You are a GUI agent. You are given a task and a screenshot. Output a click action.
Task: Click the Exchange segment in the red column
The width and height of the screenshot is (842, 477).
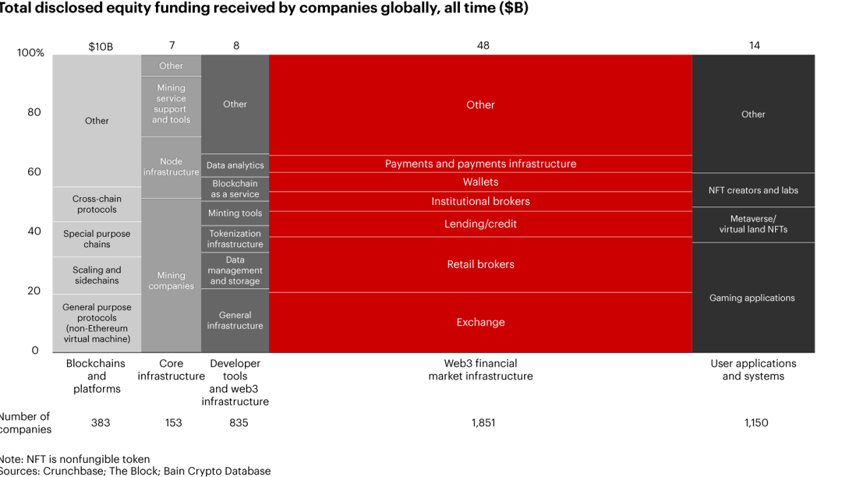click(x=480, y=323)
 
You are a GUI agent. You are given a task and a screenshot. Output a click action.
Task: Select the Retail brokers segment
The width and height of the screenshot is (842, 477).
click(x=480, y=264)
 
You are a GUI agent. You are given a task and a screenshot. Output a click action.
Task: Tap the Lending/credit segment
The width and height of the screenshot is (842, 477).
click(x=480, y=224)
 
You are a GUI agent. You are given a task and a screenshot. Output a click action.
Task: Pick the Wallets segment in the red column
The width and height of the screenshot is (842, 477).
click(x=480, y=182)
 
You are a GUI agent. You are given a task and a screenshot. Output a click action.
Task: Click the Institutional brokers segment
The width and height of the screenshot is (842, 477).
click(x=480, y=201)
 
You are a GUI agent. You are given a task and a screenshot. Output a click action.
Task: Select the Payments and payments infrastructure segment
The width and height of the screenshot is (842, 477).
click(x=480, y=164)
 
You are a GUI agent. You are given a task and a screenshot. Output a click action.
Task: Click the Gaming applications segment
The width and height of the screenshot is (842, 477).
click(x=753, y=298)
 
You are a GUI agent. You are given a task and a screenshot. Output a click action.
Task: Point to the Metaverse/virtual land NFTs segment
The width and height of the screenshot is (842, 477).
click(x=753, y=224)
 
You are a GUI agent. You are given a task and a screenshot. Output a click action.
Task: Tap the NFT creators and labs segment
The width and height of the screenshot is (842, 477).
click(x=753, y=190)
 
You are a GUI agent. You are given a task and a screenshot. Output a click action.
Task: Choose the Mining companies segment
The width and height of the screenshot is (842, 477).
click(x=171, y=281)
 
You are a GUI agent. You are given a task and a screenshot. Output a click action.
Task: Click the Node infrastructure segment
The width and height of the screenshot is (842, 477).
click(x=171, y=167)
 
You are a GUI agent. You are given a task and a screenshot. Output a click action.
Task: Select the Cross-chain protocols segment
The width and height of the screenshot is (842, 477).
click(x=97, y=204)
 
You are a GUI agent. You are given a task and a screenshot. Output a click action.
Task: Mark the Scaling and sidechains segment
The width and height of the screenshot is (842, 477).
click(x=97, y=275)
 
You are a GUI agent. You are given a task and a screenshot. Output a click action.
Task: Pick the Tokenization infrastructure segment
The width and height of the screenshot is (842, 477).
click(x=235, y=238)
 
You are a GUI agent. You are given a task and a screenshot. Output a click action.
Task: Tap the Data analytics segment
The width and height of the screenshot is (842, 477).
click(x=235, y=165)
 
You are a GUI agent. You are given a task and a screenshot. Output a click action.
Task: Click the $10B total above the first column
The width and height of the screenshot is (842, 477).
click(x=101, y=46)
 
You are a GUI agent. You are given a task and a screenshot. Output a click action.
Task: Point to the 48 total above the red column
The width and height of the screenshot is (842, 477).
click(x=483, y=46)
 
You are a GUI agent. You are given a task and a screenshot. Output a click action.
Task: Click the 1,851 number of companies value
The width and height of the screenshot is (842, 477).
click(x=483, y=422)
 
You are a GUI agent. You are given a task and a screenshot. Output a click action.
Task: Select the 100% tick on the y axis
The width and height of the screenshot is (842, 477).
click(x=31, y=53)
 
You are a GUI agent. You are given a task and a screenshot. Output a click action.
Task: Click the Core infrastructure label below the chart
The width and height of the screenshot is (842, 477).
click(x=171, y=369)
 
